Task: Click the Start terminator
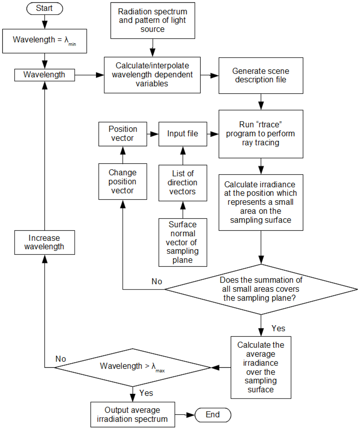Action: click(x=44, y=8)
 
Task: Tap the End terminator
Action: click(x=213, y=415)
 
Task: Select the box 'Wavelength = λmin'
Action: click(x=44, y=40)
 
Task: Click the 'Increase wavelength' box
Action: click(x=44, y=242)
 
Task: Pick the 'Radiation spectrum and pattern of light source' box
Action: click(x=153, y=20)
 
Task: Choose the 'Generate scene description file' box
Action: click(x=261, y=76)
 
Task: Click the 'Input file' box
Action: click(x=182, y=134)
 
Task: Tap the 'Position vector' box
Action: click(x=122, y=134)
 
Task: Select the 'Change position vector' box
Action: click(x=122, y=182)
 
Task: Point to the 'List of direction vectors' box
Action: click(x=182, y=183)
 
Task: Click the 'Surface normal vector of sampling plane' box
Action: click(x=182, y=242)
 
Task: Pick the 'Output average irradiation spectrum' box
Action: click(x=133, y=415)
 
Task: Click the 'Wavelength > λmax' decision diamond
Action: click(x=133, y=367)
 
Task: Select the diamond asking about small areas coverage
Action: click(x=261, y=289)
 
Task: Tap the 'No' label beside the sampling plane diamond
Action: click(x=157, y=282)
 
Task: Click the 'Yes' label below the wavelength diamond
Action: click(x=146, y=393)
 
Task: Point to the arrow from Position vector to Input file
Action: click(x=153, y=134)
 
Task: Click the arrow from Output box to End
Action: click(x=185, y=415)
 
